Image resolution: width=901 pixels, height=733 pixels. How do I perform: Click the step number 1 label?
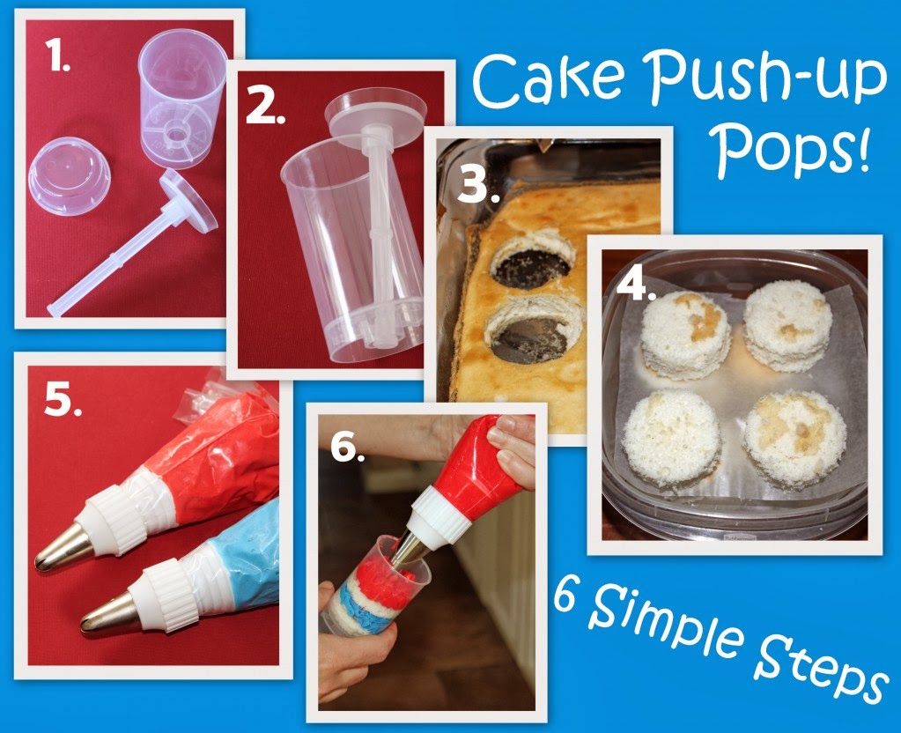coord(57,56)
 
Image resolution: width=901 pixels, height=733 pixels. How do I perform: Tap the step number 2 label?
coord(265,107)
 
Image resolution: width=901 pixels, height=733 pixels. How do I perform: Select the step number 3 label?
coord(477,185)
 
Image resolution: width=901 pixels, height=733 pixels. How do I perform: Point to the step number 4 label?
coord(636,285)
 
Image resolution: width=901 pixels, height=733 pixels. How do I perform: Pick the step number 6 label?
coord(348,446)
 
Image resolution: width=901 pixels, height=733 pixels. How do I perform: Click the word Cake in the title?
coord(547,78)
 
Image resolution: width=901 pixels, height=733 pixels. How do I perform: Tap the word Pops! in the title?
coord(793,150)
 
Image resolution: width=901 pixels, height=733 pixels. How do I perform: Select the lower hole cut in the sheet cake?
coord(533,335)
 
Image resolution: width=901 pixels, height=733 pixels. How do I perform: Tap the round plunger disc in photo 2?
coord(376,114)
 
